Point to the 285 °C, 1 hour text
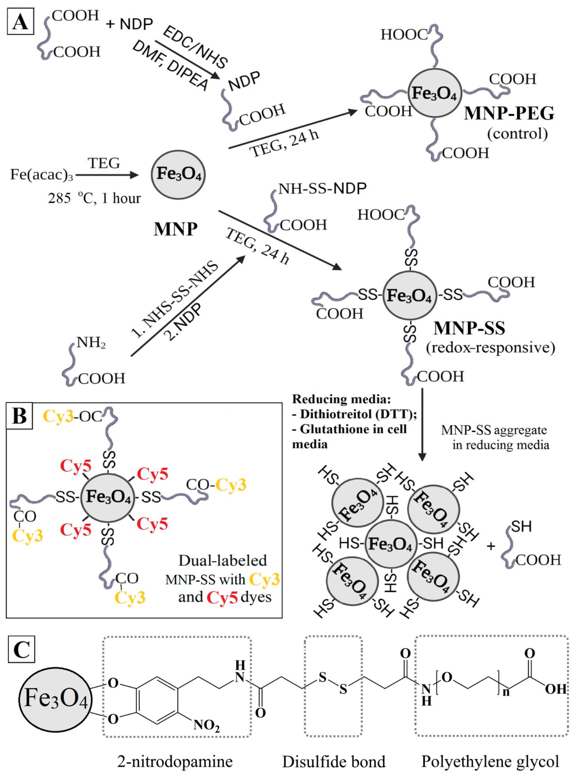(94, 198)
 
